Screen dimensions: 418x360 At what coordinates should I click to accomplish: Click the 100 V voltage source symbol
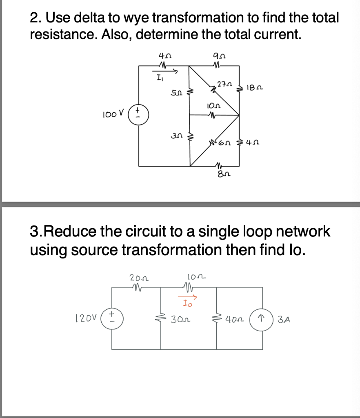click(x=138, y=111)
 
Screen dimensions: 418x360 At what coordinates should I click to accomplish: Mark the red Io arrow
click(x=188, y=297)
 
